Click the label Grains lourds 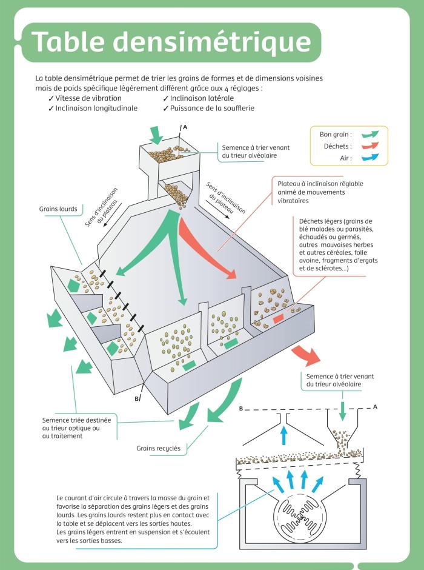pos(58,209)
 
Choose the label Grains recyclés pos(158,449)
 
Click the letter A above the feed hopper pos(185,127)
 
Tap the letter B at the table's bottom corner pos(137,398)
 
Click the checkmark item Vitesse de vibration pos(88,98)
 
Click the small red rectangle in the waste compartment pos(279,318)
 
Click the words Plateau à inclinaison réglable pos(320,184)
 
